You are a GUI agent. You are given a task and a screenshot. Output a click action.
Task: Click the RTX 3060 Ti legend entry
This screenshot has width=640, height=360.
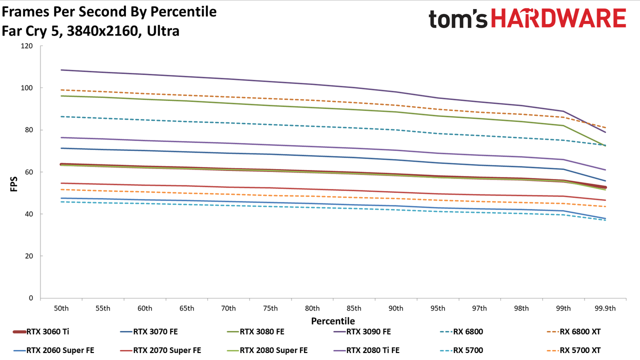coord(41,331)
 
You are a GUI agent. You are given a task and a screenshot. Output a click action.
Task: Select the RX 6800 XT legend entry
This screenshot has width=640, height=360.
coord(573,331)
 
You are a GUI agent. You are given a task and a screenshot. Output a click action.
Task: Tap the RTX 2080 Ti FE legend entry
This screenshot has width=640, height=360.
coord(366,350)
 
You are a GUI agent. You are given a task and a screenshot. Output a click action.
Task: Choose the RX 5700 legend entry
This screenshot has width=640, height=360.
coord(461,350)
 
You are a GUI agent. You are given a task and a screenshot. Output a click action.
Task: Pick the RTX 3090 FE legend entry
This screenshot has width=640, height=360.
coord(362,331)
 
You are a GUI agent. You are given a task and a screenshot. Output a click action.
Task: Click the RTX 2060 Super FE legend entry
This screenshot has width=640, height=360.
coord(53,350)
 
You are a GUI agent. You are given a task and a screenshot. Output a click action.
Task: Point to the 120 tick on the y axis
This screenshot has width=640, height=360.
coord(26,45)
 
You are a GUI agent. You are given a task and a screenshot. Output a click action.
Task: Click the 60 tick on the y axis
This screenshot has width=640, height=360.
coord(28,172)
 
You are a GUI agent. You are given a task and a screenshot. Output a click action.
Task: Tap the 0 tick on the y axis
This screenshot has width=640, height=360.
coord(31,298)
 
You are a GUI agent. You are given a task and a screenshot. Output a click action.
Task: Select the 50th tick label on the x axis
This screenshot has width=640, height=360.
coord(61,308)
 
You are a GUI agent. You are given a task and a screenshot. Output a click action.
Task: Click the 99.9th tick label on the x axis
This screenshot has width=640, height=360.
coord(605,308)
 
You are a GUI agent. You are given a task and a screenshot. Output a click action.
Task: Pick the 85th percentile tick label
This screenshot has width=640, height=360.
coord(353,308)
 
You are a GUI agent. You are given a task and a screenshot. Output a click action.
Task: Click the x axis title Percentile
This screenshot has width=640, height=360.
coord(333,321)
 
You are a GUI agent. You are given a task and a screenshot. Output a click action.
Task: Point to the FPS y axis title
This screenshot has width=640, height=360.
coord(13,184)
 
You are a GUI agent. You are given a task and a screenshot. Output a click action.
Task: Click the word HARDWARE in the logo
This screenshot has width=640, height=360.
coord(558,18)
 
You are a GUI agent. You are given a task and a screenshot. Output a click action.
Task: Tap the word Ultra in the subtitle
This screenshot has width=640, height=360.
coord(163,31)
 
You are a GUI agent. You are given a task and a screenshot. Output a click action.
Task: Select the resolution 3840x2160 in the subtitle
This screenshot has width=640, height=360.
coord(102,31)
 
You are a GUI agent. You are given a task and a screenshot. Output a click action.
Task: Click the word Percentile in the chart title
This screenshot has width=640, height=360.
coord(183,12)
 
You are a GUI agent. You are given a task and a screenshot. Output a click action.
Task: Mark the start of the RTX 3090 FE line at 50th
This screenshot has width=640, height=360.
coord(61,70)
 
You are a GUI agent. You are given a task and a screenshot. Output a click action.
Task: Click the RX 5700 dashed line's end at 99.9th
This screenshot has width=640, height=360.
coord(605,220)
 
